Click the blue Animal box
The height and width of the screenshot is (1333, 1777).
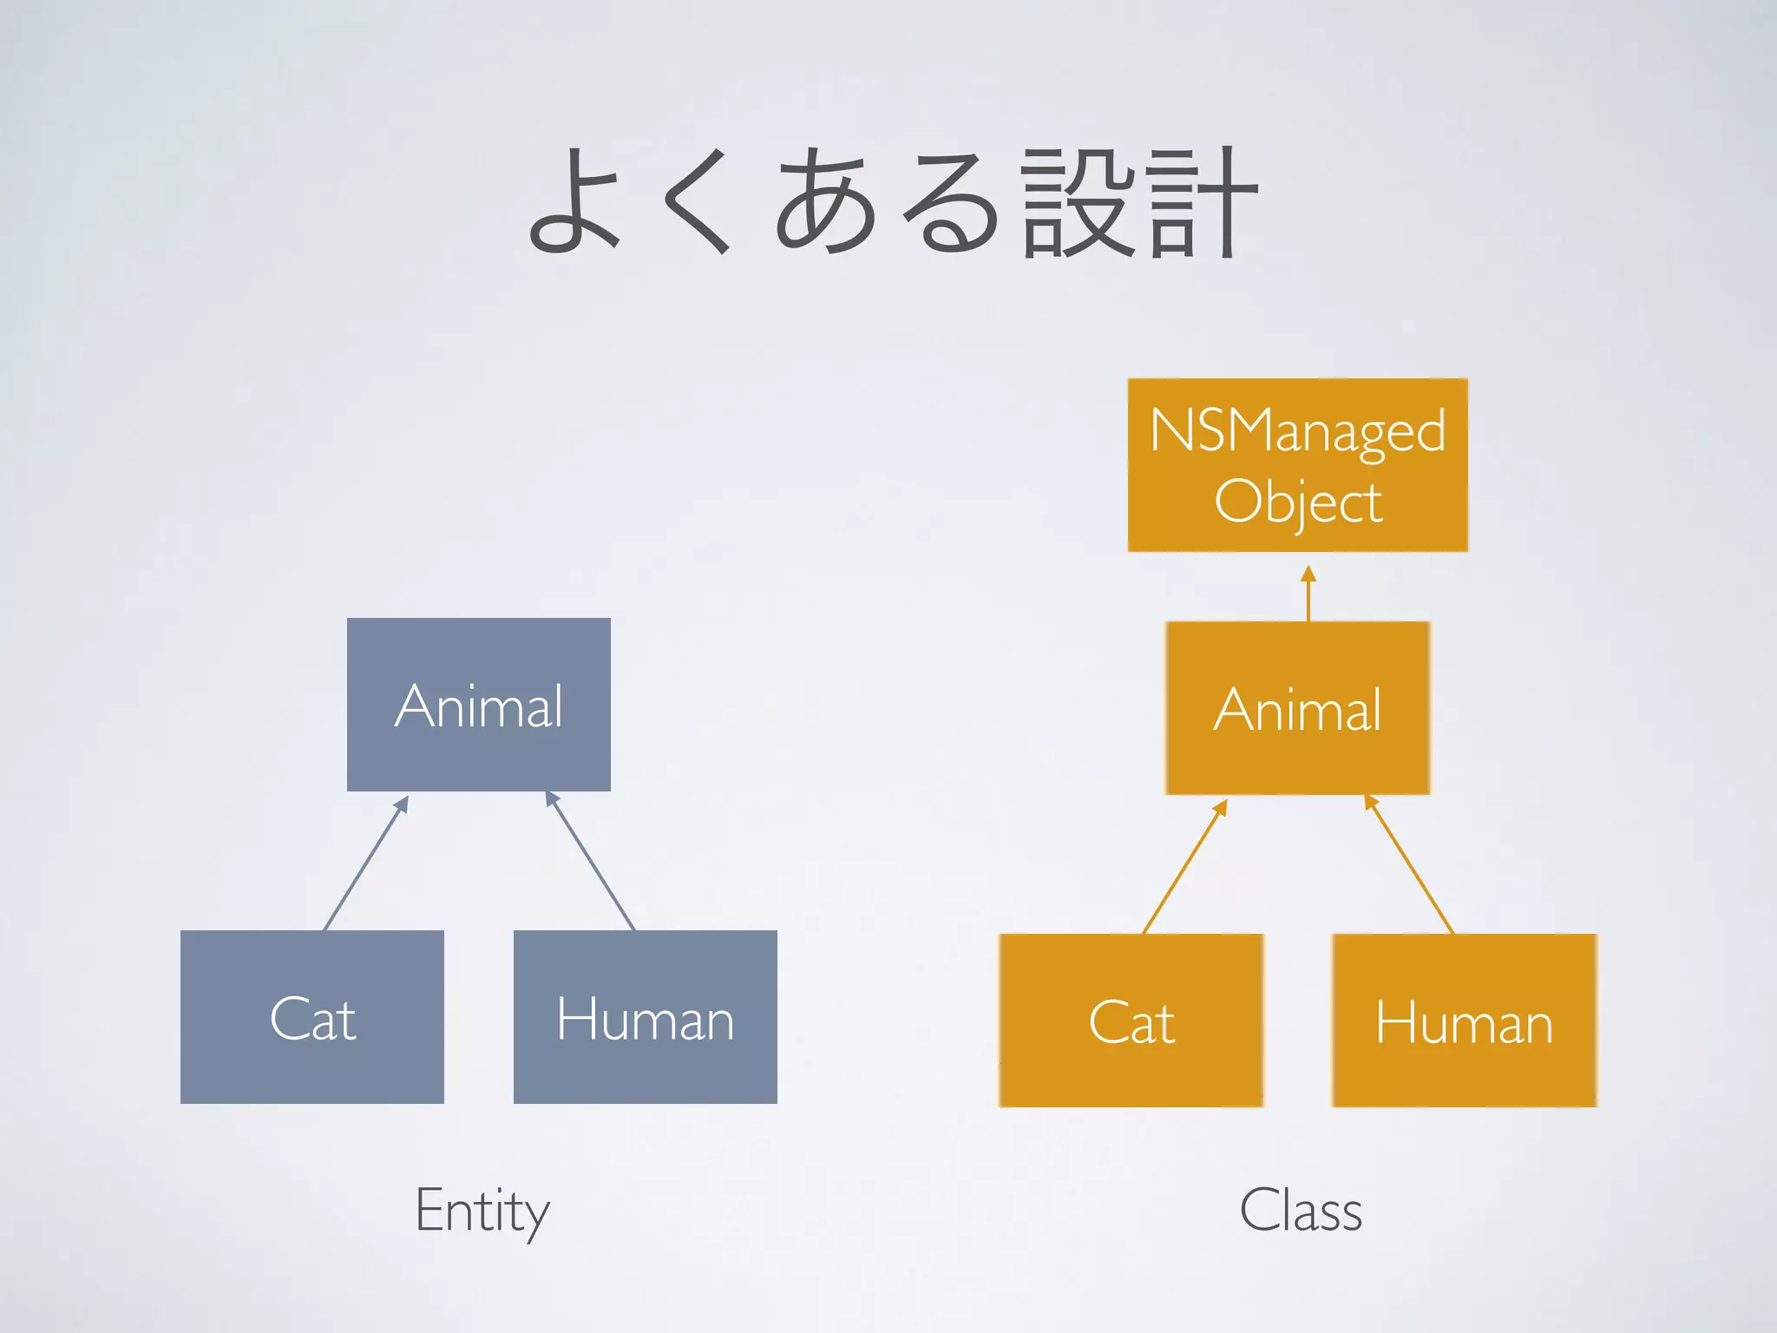coord(479,704)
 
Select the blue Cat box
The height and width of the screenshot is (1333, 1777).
coord(312,1016)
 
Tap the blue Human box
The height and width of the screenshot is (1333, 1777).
coord(646,1016)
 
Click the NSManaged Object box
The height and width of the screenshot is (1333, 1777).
coord(1297,465)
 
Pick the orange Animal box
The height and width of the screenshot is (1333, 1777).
coord(1297,707)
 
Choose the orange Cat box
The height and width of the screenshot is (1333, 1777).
coord(1131,1021)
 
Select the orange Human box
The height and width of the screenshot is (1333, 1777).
coord(1464,1021)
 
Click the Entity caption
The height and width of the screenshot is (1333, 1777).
coord(482,1211)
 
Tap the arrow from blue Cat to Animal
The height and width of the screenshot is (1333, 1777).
coord(365,863)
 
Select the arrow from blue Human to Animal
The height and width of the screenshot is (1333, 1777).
coord(591,862)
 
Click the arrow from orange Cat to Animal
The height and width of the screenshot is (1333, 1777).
coord(1184,867)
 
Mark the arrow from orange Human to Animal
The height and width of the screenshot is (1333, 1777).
coord(1410,865)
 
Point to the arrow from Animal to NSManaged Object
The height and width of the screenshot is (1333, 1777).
coord(1308,594)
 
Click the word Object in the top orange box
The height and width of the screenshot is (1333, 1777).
coord(1297,502)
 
